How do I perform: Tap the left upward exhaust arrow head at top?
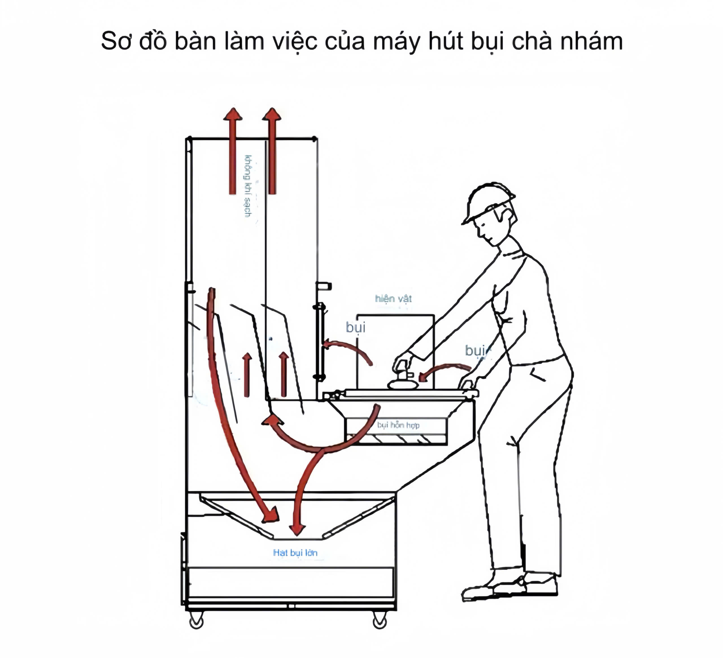point(233,116)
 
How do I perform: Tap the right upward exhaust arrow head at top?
point(272,116)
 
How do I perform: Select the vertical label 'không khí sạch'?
point(247,186)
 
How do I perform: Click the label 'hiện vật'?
point(393,298)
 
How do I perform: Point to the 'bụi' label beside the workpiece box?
point(355,327)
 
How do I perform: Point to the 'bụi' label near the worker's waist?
point(476,350)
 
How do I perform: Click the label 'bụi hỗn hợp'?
point(398,425)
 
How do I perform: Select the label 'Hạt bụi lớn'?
point(295,553)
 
